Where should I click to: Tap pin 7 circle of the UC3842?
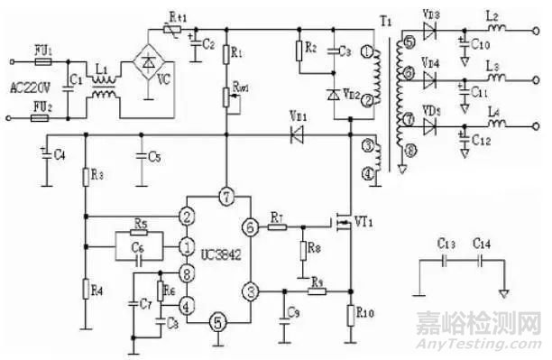pyautogui.click(x=226, y=196)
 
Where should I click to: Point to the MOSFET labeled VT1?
pyautogui.click(x=344, y=221)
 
